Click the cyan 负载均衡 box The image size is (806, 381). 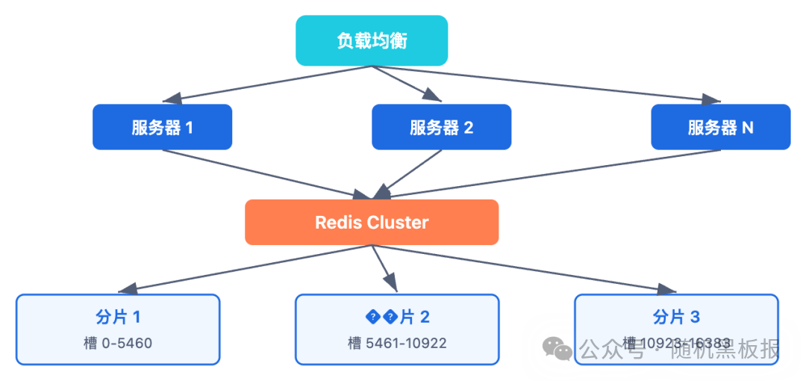[x=372, y=41]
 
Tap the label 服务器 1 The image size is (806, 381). [x=162, y=128]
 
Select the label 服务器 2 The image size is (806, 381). [x=441, y=128]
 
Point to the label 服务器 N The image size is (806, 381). [x=720, y=128]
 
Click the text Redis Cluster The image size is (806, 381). [x=372, y=223]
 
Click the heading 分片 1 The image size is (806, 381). [x=118, y=317]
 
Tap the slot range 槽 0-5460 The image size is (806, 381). [x=118, y=344]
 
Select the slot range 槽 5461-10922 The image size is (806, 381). [x=397, y=344]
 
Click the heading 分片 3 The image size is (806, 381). [x=676, y=317]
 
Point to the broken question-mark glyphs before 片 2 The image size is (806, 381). [x=381, y=317]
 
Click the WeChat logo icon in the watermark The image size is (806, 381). [x=557, y=348]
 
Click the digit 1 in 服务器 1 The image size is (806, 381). [x=189, y=128]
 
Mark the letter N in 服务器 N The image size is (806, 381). [x=747, y=128]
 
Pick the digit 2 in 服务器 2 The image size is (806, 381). [x=468, y=128]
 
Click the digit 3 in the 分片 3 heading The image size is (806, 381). [x=695, y=317]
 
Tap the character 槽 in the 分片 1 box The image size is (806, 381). [x=90, y=344]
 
